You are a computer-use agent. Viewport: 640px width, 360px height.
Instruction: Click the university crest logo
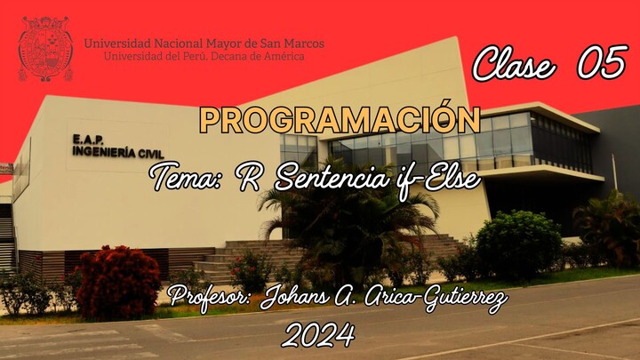(45, 48)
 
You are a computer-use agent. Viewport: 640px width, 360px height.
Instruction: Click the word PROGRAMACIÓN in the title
(340, 120)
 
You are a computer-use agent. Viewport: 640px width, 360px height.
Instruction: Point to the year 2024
(318, 335)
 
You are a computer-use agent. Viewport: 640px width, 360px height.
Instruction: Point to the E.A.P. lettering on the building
(89, 140)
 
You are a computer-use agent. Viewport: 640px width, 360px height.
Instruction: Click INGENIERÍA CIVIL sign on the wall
(105, 152)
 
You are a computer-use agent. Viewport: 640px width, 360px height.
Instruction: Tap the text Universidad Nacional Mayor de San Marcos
(204, 43)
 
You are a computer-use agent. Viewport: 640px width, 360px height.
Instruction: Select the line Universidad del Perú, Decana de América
(204, 56)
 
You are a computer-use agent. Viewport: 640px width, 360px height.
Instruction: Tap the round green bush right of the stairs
(518, 243)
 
